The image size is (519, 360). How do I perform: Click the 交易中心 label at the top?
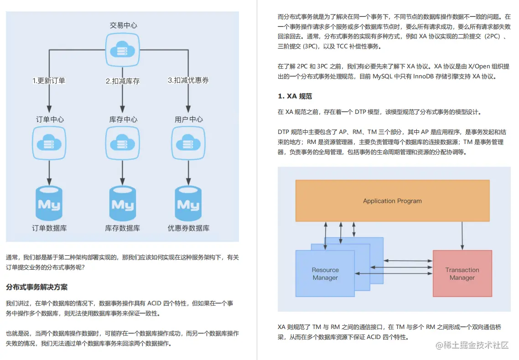(123, 26)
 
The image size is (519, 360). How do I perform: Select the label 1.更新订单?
(49, 81)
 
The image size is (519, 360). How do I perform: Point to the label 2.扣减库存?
(123, 81)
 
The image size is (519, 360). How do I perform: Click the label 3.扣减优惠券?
(188, 81)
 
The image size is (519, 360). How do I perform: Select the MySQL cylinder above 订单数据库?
(49, 203)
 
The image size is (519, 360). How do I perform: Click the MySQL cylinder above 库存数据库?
(123, 203)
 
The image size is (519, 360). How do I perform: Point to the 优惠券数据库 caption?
(188, 228)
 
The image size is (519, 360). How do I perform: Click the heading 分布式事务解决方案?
(36, 287)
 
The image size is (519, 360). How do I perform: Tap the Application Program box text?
(392, 201)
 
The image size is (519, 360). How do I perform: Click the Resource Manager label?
(325, 274)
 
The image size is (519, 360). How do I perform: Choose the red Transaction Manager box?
(462, 273)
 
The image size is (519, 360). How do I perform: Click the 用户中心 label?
(188, 119)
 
